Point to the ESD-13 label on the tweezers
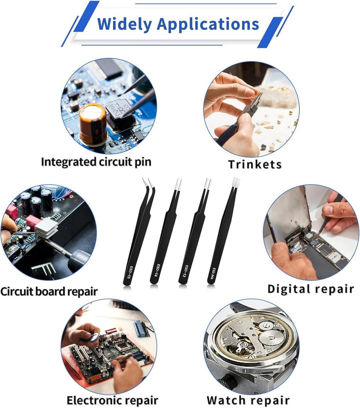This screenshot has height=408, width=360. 184,271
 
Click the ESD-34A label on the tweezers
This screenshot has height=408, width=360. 213,274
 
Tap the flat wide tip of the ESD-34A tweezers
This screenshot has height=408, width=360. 236,182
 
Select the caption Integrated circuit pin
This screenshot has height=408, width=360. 96,162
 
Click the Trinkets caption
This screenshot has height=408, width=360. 255,164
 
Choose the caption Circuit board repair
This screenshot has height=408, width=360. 49,292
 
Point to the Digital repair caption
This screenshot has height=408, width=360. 311,289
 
